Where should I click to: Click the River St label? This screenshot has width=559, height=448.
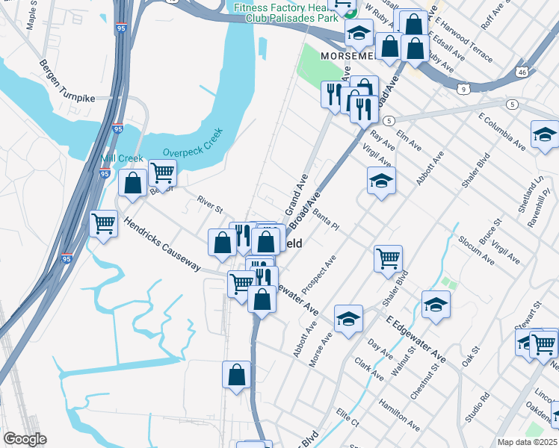tap(210, 204)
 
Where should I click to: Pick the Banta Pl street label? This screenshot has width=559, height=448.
tap(325, 220)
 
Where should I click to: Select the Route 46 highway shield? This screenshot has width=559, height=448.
tap(523, 71)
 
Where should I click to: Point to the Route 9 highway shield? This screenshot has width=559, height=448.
tap(464, 89)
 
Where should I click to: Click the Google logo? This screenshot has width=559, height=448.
tap(25, 439)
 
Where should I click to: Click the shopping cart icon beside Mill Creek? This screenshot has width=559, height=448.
tap(162, 173)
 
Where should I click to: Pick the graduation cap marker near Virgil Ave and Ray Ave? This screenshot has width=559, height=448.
tap(381, 180)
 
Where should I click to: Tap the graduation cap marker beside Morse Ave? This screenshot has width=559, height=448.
tap(348, 319)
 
